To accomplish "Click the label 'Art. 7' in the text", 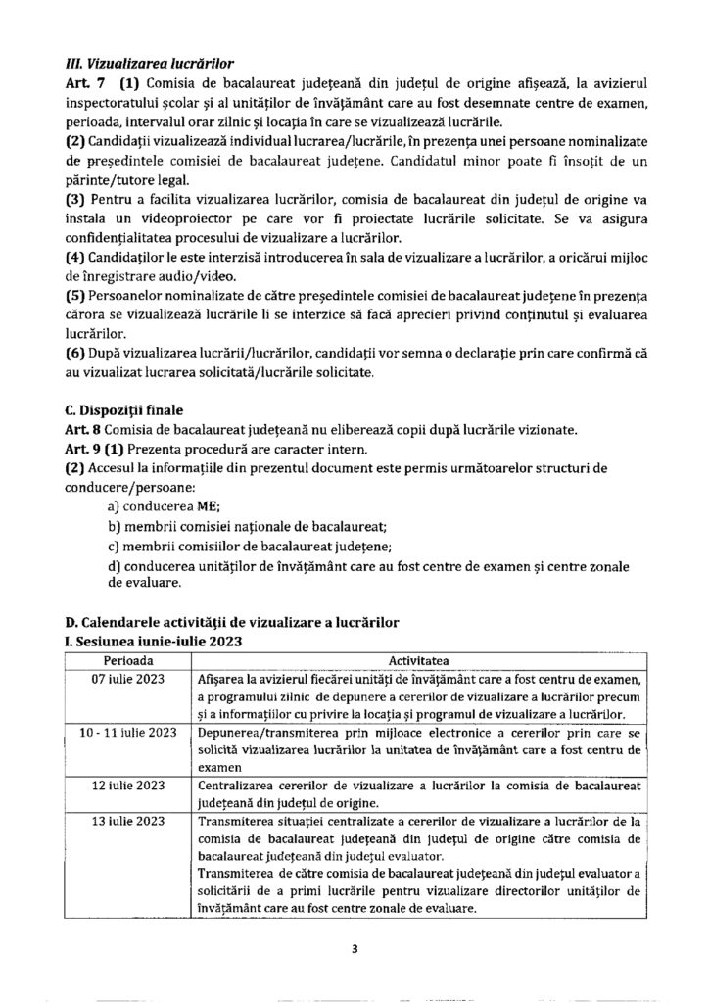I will pos(80,86).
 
